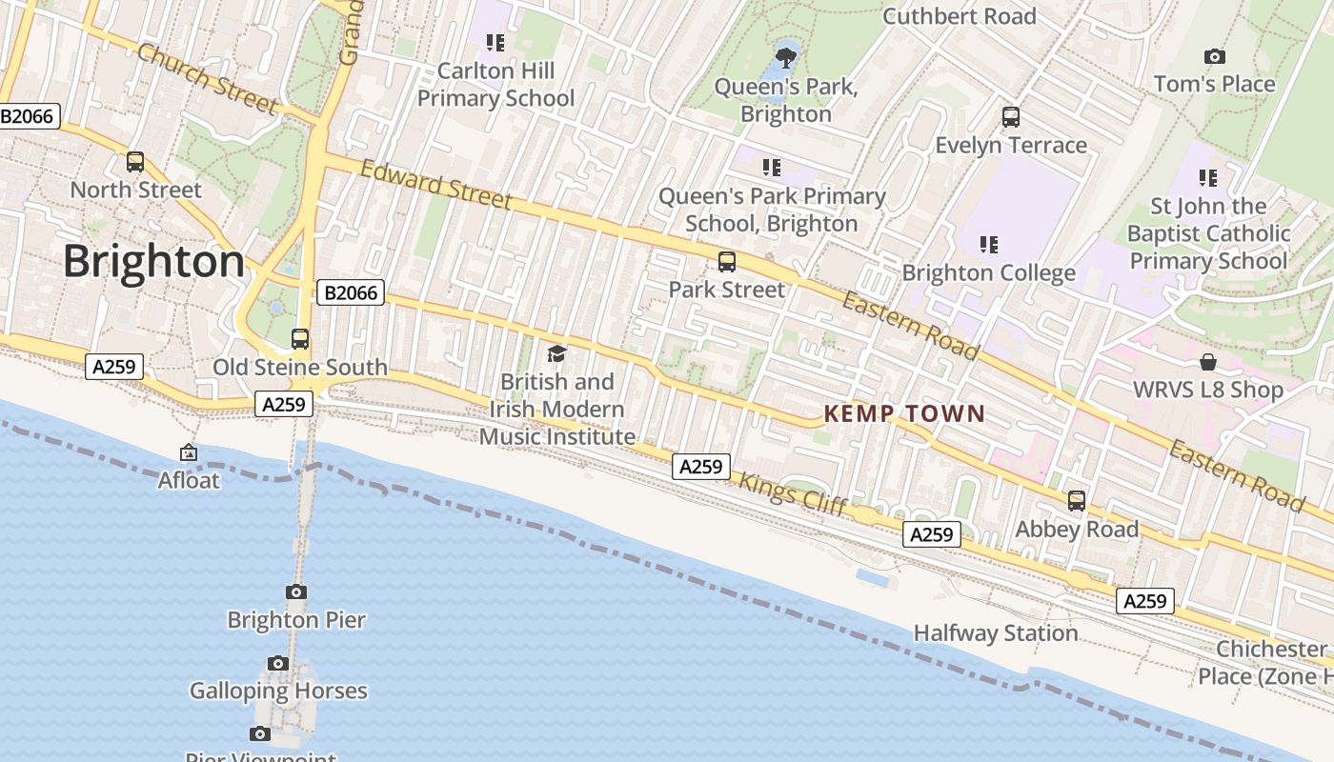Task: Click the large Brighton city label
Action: point(153,261)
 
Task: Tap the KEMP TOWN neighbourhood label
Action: point(903,413)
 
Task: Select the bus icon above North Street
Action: point(135,162)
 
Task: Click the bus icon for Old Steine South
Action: point(300,339)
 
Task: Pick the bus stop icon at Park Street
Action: point(727,261)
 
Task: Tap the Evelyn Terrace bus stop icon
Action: point(1011,117)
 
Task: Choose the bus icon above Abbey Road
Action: point(1077,501)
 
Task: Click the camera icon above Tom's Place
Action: point(1214,56)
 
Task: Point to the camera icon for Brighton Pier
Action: point(296,592)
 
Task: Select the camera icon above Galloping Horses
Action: point(278,663)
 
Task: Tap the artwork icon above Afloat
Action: point(189,452)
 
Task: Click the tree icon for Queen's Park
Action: point(786,58)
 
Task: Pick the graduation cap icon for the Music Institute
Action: point(557,353)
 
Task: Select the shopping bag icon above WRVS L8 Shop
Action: point(1208,362)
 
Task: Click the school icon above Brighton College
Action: point(989,245)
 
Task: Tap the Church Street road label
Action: point(208,78)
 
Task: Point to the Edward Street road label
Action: point(436,184)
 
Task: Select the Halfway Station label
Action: point(996,633)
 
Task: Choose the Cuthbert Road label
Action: point(959,16)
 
